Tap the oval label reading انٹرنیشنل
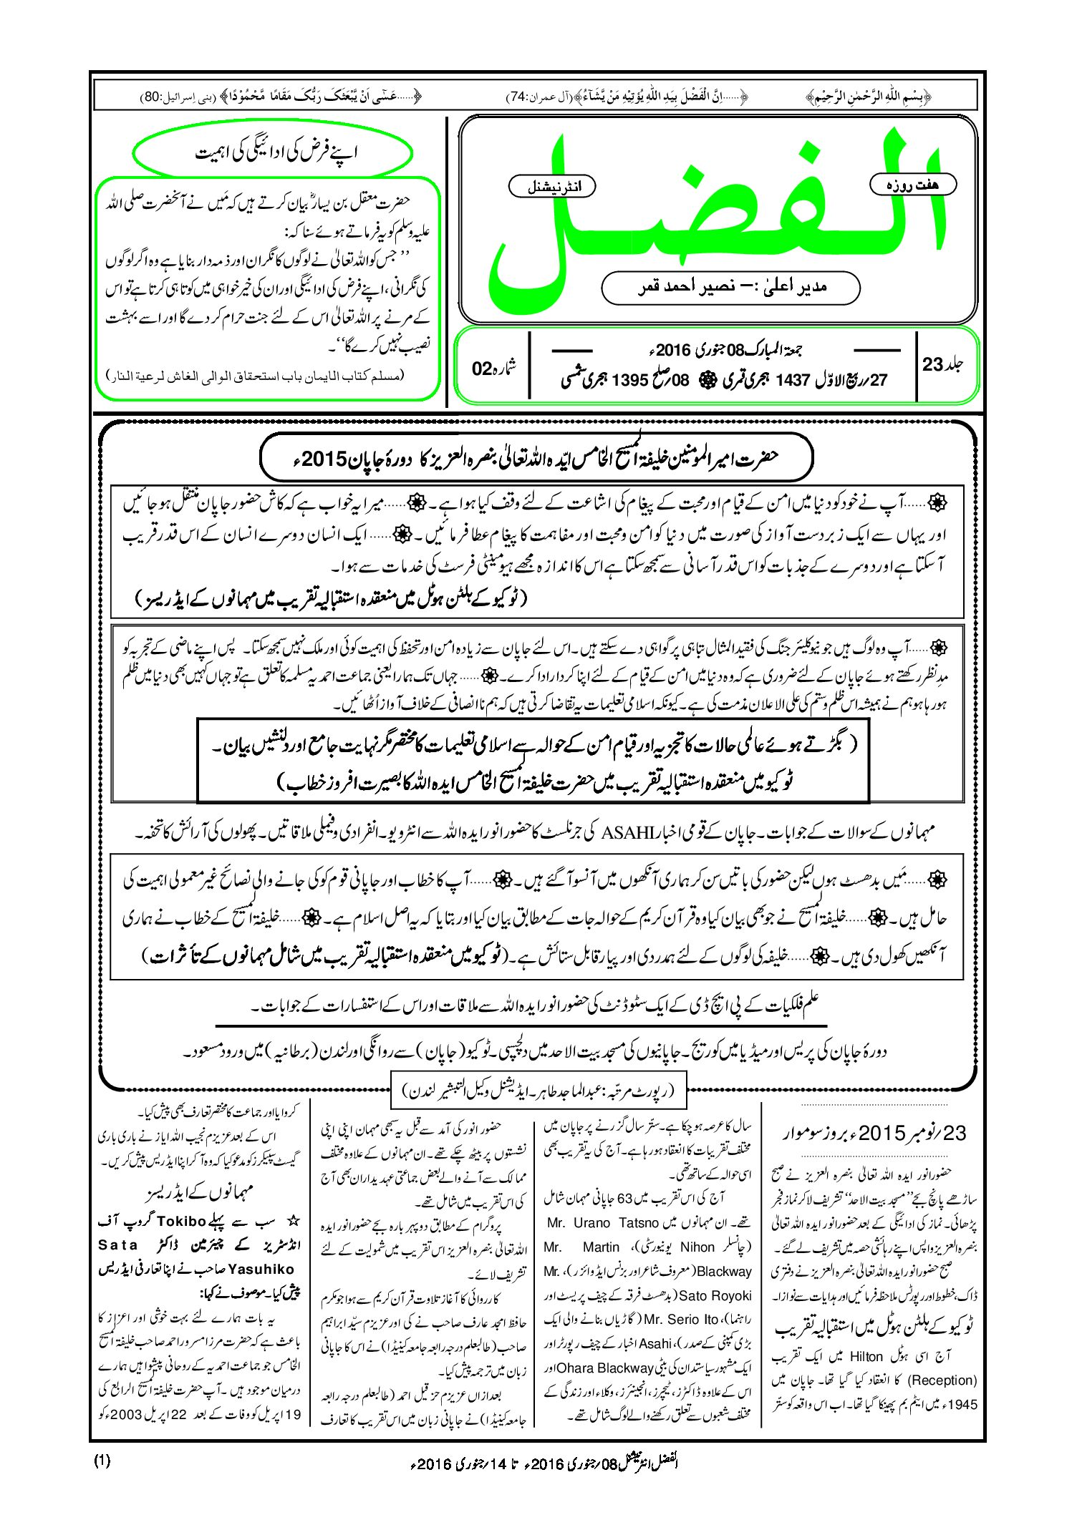click(x=552, y=186)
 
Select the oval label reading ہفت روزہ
click(x=912, y=184)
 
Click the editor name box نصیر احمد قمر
click(x=730, y=288)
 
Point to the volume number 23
click(x=932, y=364)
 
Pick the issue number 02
click(x=482, y=369)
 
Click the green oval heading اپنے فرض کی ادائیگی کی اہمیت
click(x=273, y=152)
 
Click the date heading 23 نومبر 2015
click(x=874, y=1133)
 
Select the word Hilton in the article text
click(x=866, y=1356)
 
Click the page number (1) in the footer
click(x=102, y=1461)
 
